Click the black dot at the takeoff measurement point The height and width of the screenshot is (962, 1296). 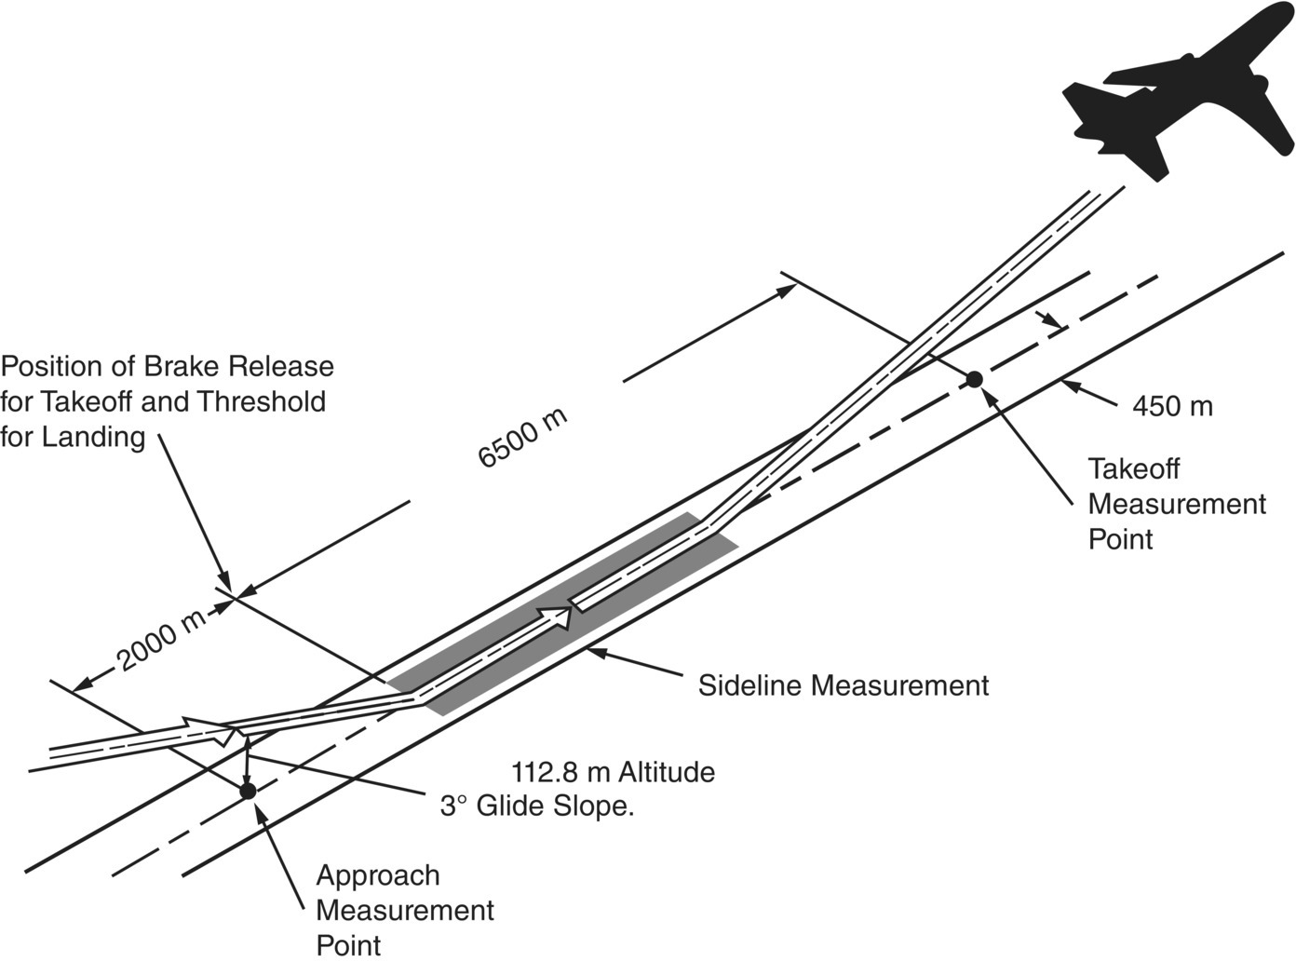(974, 379)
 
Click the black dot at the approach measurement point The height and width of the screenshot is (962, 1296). (248, 791)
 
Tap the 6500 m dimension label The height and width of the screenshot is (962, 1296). (522, 437)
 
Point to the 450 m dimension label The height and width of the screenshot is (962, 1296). (1172, 406)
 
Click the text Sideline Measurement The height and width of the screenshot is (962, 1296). (843, 686)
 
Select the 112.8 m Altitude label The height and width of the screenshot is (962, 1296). (613, 772)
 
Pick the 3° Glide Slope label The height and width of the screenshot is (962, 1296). (537, 806)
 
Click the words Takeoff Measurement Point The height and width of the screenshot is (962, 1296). (1176, 504)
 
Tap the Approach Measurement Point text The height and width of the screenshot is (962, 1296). (404, 910)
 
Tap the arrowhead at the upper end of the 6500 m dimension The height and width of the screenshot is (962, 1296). (787, 290)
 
